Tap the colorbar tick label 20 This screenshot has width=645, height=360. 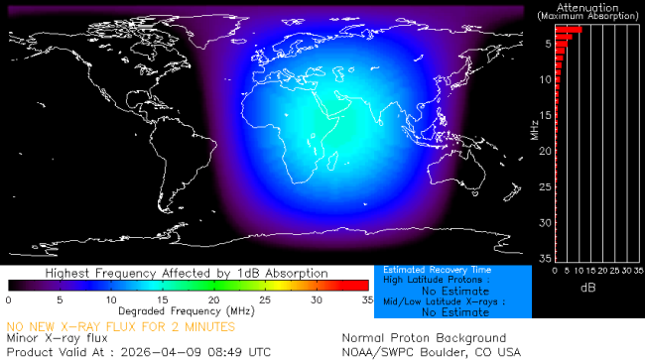pos(213,299)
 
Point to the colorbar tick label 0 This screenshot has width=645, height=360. pos(8,299)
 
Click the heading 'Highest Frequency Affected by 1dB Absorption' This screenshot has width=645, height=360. pos(187,273)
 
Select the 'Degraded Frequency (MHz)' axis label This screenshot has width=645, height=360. pos(188,311)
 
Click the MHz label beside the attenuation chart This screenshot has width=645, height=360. pos(534,129)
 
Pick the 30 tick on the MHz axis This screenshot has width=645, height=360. pos(545,222)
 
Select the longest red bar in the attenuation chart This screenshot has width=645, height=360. pos(568,30)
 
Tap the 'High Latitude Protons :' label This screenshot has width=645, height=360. pos(432,281)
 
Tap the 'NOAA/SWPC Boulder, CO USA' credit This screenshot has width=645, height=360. pos(431,351)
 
